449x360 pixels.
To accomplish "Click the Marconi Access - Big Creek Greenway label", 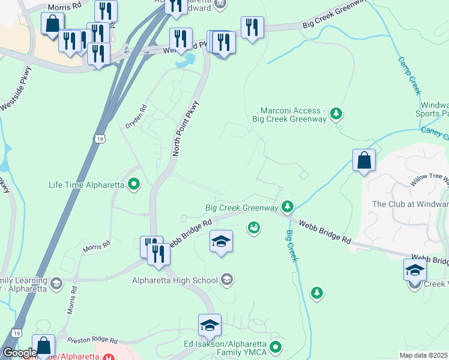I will (x=294, y=115).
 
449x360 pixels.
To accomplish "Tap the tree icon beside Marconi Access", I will (x=337, y=113).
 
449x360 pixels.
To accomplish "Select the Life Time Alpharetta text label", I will (x=86, y=185).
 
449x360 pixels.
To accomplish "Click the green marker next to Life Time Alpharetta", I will (x=134, y=184).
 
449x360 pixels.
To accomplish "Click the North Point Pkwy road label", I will (x=185, y=128).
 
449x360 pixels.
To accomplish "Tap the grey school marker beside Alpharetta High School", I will (x=227, y=279).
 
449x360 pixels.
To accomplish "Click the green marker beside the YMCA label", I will (x=276, y=346).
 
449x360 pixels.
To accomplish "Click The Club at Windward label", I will (x=410, y=204).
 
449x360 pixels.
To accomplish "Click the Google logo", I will (x=19, y=353).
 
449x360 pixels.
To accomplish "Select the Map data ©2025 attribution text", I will (x=424, y=355).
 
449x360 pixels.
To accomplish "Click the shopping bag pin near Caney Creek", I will (x=364, y=161).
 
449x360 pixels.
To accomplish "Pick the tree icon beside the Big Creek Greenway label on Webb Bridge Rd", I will (x=288, y=207).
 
